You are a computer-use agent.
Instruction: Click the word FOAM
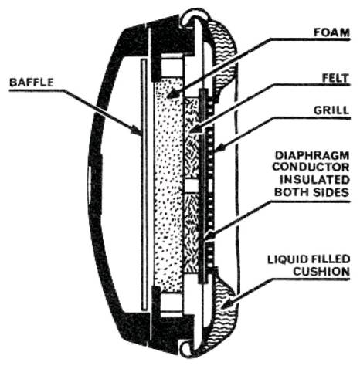331,32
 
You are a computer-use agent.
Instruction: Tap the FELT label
335,78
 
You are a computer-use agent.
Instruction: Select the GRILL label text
331,110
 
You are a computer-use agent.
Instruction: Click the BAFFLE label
32,83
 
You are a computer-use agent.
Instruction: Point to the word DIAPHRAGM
312,155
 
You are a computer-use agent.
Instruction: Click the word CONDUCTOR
311,167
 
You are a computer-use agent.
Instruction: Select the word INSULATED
314,179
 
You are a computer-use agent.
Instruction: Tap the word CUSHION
321,272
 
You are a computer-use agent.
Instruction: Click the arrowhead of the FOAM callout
173,94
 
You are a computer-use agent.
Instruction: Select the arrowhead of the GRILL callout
219,148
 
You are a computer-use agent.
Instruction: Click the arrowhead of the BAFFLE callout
136,130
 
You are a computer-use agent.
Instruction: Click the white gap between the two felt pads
192,185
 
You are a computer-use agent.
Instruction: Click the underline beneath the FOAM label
311,39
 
